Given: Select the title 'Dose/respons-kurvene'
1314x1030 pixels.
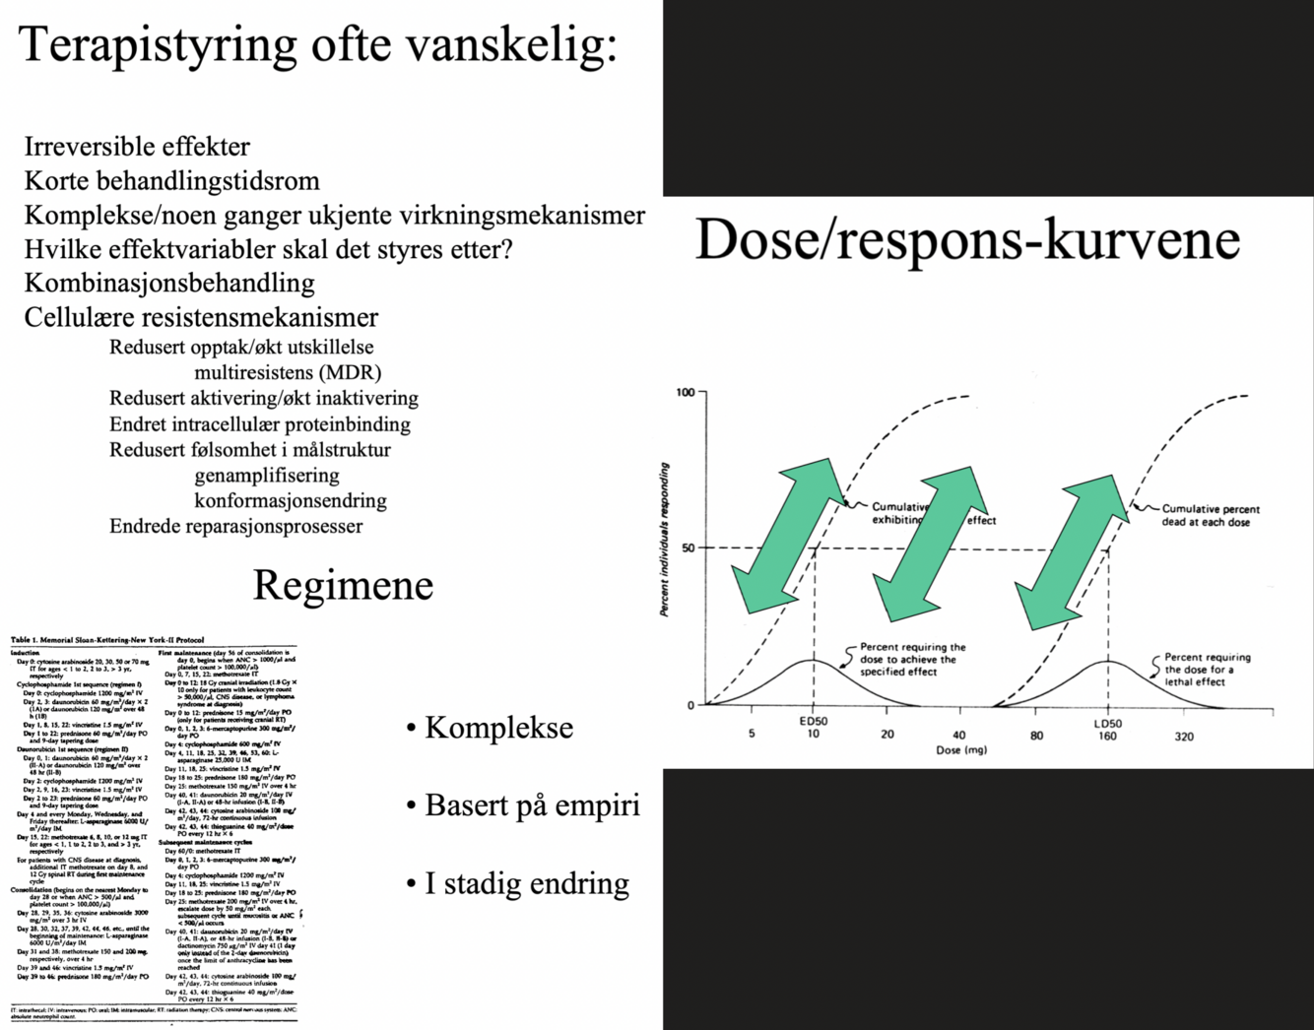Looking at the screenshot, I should click(x=967, y=241).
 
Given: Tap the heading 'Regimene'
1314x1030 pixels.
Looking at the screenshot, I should click(x=343, y=585).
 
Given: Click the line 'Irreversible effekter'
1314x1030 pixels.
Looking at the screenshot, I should click(x=137, y=147).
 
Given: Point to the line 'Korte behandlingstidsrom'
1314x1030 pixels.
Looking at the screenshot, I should click(x=171, y=181).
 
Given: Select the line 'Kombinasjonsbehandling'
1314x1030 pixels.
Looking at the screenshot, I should click(x=169, y=283).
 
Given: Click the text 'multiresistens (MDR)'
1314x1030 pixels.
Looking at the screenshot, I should click(x=287, y=373).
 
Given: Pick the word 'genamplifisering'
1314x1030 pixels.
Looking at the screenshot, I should click(x=266, y=475).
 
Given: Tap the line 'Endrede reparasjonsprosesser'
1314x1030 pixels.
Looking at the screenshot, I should click(x=235, y=526).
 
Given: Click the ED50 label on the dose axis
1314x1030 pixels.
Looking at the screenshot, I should click(x=814, y=722).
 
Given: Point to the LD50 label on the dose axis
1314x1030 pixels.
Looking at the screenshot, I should click(x=1107, y=723).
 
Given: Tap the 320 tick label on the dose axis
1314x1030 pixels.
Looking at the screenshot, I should click(x=1183, y=736).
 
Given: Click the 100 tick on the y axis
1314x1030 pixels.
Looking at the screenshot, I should click(x=686, y=394).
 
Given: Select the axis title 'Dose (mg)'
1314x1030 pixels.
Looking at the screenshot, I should click(x=961, y=750).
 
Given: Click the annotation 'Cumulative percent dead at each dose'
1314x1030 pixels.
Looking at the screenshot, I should click(x=1210, y=515).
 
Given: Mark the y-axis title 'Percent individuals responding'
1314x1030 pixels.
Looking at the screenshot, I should click(x=665, y=540).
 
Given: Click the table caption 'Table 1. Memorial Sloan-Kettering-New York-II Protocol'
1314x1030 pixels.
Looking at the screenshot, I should click(x=106, y=640).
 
